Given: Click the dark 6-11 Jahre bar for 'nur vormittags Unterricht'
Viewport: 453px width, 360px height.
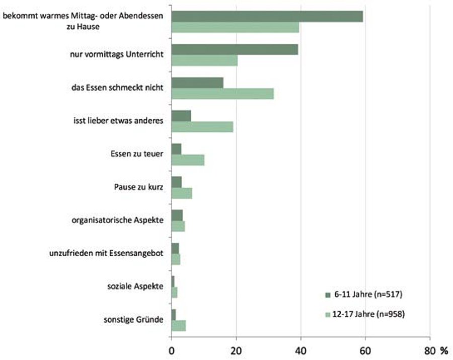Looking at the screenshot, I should tap(235, 49).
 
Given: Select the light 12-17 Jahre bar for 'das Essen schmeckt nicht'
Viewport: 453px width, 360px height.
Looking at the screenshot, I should tap(222, 94).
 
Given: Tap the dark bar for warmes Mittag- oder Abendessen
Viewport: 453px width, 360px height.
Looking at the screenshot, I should tap(267, 16).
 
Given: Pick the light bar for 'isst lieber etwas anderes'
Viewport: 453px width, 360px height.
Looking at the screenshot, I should tap(202, 126).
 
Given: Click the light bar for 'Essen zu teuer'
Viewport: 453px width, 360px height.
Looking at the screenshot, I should tap(188, 160).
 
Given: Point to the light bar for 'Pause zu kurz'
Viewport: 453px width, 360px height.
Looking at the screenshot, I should tap(182, 193).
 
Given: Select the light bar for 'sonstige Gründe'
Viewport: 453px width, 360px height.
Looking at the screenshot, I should tap(179, 325).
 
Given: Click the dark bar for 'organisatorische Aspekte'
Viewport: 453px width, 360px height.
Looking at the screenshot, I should tap(177, 215).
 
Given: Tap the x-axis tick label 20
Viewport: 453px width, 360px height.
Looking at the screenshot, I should tap(236, 350).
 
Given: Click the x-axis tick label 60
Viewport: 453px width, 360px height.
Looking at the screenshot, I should tap(365, 350).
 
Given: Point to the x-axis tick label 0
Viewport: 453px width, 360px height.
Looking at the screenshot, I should tap(172, 350).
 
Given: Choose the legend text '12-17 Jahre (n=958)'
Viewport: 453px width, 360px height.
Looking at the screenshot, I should tap(369, 314).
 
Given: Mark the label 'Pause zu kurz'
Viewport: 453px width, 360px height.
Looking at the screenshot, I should tap(138, 188).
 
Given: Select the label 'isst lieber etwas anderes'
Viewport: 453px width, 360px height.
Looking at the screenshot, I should tap(118, 120).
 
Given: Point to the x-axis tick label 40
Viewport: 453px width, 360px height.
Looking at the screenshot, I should tap(300, 350).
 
